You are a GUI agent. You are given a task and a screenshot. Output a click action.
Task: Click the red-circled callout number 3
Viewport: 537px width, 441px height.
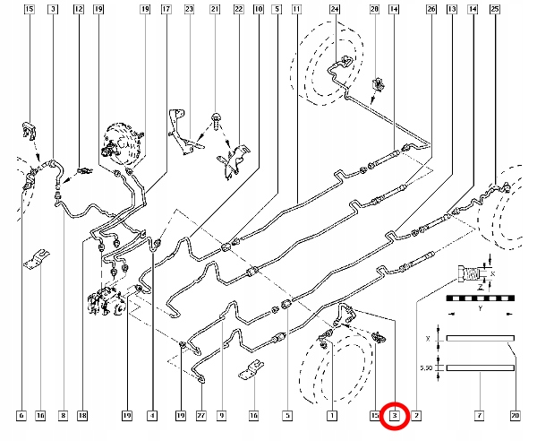(396, 416)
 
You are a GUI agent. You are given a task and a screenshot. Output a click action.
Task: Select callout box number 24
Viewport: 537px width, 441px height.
(335, 10)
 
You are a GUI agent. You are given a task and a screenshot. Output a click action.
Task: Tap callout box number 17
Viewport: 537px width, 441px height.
(166, 10)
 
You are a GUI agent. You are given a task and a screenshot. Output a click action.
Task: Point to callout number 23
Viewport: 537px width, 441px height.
(189, 10)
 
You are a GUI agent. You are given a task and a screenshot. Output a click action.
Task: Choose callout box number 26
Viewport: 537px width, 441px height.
(431, 10)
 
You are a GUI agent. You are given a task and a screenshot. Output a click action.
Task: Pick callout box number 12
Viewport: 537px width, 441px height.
(79, 10)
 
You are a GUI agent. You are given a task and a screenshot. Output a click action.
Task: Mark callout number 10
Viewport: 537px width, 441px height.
(258, 10)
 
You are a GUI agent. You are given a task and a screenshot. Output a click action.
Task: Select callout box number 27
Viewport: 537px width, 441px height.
(200, 416)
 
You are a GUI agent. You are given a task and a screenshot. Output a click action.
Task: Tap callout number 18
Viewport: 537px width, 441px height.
(82, 416)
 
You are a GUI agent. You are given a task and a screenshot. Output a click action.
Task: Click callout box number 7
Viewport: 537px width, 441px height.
(480, 416)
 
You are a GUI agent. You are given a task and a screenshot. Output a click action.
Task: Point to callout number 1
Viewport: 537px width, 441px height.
(331, 416)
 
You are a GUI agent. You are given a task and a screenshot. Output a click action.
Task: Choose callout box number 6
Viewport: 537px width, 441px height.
(20, 416)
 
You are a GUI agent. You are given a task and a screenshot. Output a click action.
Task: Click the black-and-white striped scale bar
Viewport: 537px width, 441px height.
(480, 296)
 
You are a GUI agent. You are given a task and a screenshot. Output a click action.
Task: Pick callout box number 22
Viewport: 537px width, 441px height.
(236, 10)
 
